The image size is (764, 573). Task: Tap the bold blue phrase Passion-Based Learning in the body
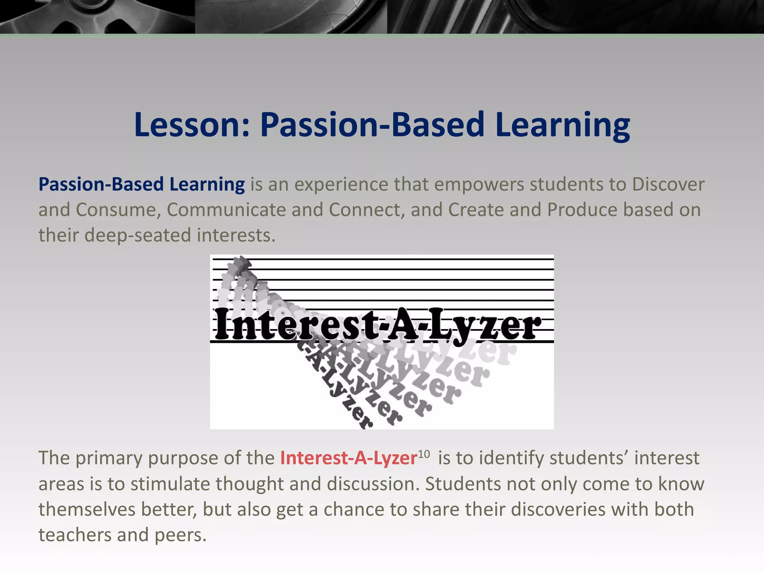(142, 184)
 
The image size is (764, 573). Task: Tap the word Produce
(582, 210)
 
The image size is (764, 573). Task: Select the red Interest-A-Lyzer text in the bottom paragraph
(348, 458)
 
